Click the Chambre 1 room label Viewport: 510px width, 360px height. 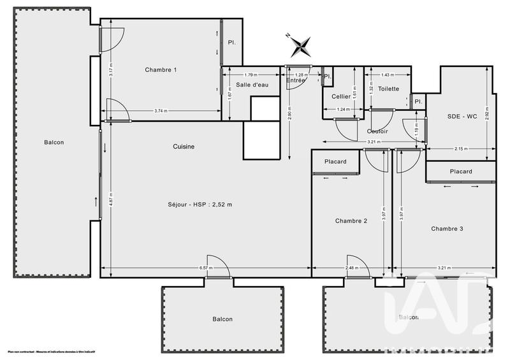coord(161,69)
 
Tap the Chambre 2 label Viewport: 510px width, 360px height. coord(351,221)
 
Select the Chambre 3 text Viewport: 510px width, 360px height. coord(447,229)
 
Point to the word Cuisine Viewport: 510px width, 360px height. coord(184,147)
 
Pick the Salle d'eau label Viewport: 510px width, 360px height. coord(251,85)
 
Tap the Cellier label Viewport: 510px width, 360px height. coord(341,96)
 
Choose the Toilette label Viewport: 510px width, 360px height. coord(388,89)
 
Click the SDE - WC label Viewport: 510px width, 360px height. coord(462,116)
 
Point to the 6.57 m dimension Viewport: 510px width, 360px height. coord(206,268)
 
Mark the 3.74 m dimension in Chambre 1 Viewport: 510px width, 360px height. coord(161,111)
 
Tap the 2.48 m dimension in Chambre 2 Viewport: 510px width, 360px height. coord(351,268)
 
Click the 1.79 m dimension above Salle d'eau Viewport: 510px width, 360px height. coord(251,75)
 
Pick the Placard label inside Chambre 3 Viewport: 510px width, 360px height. coord(460,171)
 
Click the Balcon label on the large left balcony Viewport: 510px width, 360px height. coord(54,142)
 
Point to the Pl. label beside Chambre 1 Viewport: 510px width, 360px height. coord(231,43)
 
